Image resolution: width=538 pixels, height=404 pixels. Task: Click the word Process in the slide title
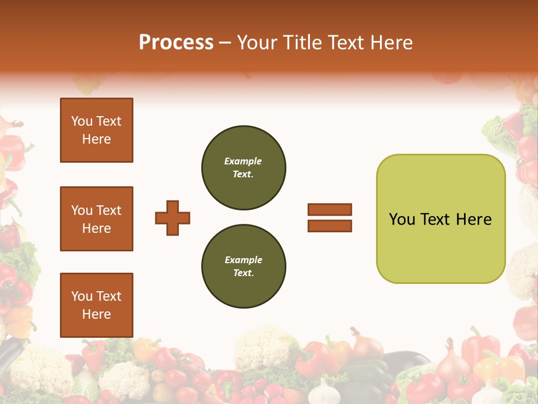coord(176,43)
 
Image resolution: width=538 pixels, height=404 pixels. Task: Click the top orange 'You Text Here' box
coord(96,130)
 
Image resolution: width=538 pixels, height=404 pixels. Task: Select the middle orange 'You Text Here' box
coord(96,219)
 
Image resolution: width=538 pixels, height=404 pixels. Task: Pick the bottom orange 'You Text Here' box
coord(96,305)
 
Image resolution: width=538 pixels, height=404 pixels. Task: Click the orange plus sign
coord(173,218)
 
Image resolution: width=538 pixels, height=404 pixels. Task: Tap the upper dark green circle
coord(243,167)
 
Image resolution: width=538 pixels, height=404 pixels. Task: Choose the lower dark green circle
coord(243,266)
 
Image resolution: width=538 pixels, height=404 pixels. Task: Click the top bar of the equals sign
coord(330,209)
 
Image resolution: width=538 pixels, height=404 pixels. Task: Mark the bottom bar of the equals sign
coord(330,226)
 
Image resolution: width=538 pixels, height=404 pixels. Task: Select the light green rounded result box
coord(440,218)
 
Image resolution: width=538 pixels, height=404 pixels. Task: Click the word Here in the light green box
coord(474,219)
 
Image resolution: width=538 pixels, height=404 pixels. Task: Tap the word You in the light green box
coord(402,219)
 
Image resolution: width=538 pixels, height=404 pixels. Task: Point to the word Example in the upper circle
coord(243,161)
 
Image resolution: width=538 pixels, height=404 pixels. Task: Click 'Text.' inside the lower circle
coord(243,273)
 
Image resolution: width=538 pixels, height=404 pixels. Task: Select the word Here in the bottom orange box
coord(96,314)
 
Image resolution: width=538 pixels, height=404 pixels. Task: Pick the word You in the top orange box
coord(82,121)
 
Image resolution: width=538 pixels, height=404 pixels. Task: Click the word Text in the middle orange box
coord(109,210)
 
